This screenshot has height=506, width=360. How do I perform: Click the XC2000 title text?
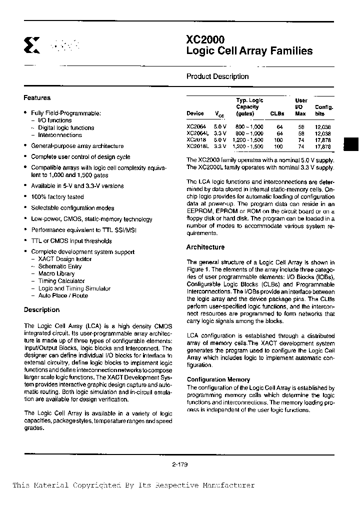tap(205, 40)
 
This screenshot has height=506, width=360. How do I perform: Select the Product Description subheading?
tap(217, 76)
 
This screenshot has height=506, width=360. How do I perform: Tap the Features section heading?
tap(37, 98)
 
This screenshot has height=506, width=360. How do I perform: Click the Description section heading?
tap(41, 310)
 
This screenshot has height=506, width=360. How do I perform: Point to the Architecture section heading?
tap(205, 247)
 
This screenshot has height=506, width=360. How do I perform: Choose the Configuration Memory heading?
tap(211, 380)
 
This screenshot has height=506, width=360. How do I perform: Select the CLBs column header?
tap(277, 113)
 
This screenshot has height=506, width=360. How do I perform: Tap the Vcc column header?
tap(220, 114)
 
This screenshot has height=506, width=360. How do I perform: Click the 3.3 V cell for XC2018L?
tap(220, 146)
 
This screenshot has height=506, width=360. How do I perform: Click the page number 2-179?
tap(179, 464)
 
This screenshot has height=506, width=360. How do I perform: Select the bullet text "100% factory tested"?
tap(50, 197)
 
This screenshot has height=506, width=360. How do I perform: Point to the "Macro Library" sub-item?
tap(56, 273)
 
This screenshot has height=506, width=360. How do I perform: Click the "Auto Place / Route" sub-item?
tap(63, 295)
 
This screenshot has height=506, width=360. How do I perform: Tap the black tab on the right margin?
tap(351, 143)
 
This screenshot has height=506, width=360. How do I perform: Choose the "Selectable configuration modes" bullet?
tap(72, 208)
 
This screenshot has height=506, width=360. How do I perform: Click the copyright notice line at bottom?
tap(133, 485)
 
